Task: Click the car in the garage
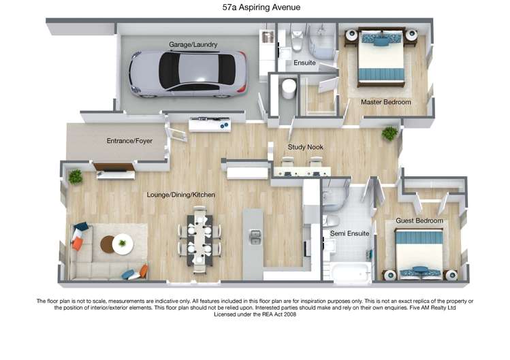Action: click(187, 71)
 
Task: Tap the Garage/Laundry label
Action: click(193, 45)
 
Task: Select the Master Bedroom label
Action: click(386, 102)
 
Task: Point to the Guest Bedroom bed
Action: click(419, 252)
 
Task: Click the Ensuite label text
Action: click(304, 63)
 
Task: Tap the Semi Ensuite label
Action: click(349, 233)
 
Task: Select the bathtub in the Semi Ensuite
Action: click(351, 273)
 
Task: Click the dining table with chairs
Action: click(200, 238)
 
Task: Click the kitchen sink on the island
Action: click(255, 238)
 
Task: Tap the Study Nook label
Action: click(305, 147)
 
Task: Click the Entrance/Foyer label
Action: click(129, 141)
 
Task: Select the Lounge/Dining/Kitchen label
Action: click(181, 195)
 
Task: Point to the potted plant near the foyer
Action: click(75, 176)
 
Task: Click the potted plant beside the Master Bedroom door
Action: click(389, 133)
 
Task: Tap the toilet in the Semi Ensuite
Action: click(331, 220)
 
